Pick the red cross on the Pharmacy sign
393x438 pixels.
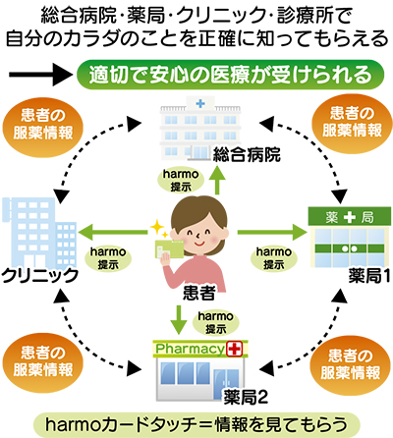pos(234,350)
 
